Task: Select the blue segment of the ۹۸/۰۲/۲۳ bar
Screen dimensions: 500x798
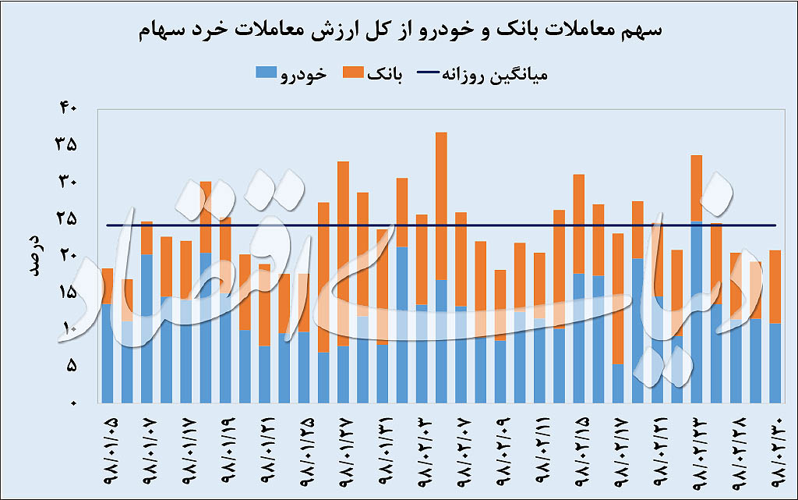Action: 697,312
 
